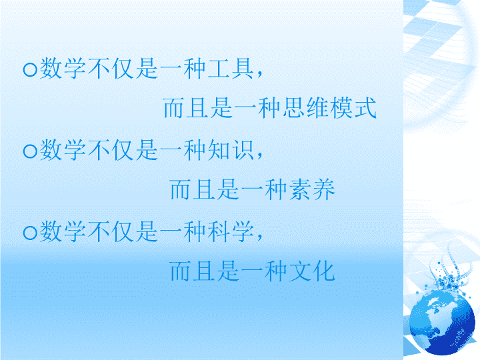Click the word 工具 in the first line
[231, 68]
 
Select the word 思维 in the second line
[305, 108]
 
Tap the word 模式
[353, 108]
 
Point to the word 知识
[231, 150]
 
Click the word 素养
[312, 189]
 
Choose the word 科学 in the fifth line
[231, 231]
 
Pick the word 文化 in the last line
[312, 271]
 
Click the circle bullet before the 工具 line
[30, 69]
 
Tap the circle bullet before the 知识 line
[30, 151]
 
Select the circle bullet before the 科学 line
[30, 233]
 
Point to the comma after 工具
[260, 74]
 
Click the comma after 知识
[260, 156]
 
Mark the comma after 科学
[260, 237]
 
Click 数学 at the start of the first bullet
[63, 68]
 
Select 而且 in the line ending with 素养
[193, 189]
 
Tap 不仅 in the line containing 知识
[111, 150]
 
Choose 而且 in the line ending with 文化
[193, 271]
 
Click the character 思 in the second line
[293, 108]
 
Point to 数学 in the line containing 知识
[63, 150]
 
